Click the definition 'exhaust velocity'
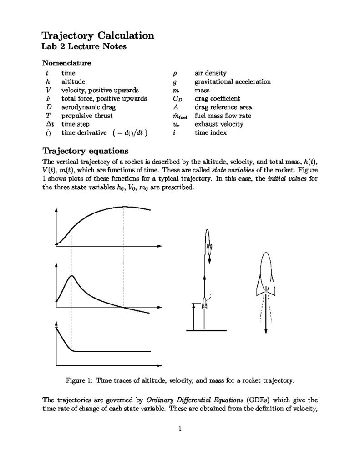(x=218, y=124)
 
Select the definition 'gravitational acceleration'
(x=232, y=82)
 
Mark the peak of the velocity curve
(x=71, y=276)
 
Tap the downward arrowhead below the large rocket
(x=266, y=330)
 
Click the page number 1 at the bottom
(x=180, y=428)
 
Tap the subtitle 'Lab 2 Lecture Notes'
(x=84, y=46)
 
